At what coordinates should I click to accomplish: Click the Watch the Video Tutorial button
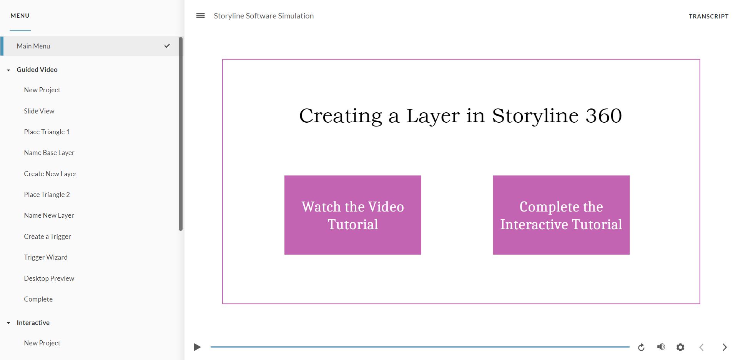[352, 215]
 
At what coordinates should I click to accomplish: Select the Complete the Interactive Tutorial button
[561, 215]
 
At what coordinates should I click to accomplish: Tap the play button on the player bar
[197, 347]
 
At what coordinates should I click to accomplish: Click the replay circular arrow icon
[641, 347]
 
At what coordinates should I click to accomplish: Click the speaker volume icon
[661, 347]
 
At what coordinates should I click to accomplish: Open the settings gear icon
[680, 347]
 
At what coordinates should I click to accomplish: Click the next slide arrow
[725, 347]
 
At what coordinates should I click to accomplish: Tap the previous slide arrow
[701, 347]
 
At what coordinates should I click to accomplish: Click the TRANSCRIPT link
[708, 16]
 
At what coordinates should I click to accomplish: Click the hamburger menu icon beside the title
[200, 16]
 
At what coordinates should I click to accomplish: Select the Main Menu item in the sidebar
[33, 46]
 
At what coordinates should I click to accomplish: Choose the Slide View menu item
[39, 111]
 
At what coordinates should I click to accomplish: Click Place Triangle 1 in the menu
[47, 132]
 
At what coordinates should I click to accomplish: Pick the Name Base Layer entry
[49, 153]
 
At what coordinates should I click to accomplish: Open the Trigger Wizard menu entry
[46, 257]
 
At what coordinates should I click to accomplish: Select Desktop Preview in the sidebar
[49, 278]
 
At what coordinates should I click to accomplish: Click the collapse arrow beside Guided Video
[8, 70]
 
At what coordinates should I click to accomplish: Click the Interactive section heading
[33, 323]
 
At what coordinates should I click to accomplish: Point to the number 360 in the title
[603, 116]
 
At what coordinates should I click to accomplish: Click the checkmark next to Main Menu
[167, 46]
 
